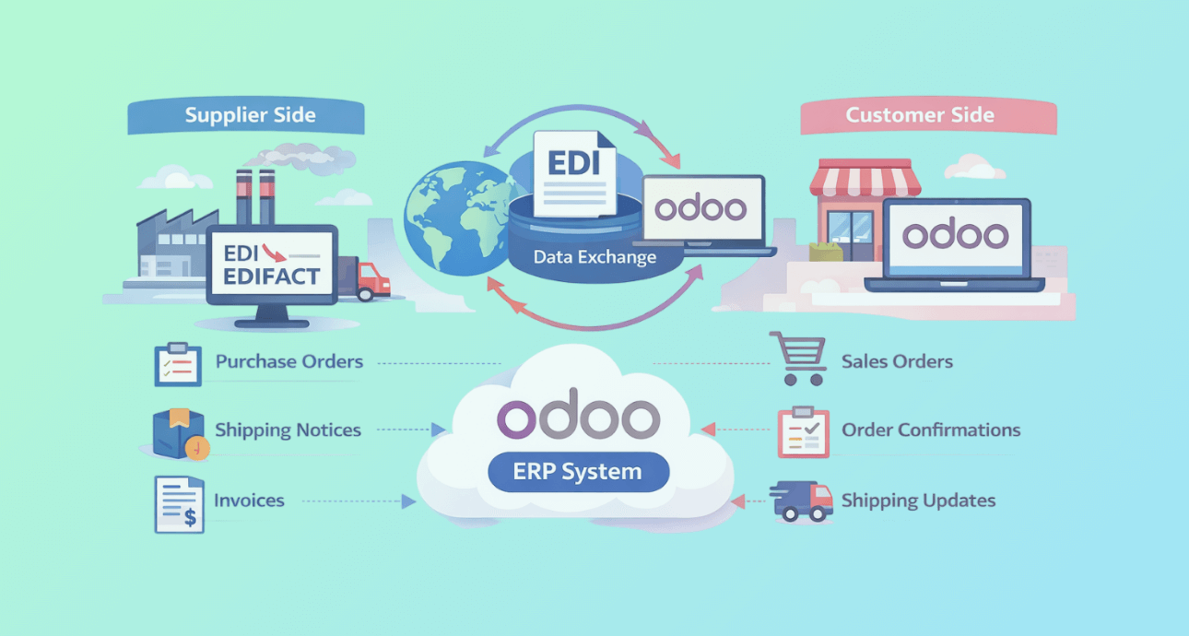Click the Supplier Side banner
point(250,115)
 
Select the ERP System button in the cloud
point(577,473)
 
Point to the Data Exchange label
point(594,257)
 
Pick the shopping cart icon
point(797,358)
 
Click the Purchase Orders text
point(289,361)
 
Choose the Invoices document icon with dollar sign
point(179,503)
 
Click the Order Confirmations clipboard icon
point(803,431)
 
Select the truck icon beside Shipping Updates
point(801,501)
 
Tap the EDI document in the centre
point(574,172)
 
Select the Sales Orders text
point(897,361)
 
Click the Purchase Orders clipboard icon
point(178,363)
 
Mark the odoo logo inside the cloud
point(577,418)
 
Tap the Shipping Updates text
point(918,501)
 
